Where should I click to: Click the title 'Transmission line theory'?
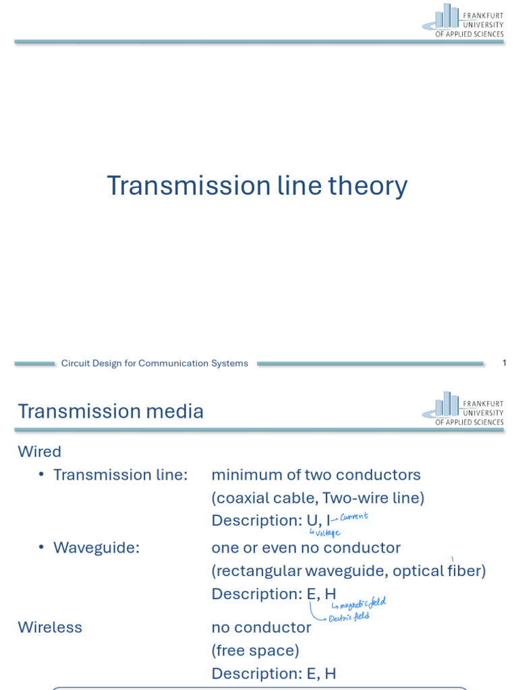[x=257, y=186]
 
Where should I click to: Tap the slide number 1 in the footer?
[x=504, y=363]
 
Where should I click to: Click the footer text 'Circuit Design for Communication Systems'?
[x=154, y=363]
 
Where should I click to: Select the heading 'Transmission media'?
[x=111, y=411]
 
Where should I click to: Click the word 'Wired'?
[x=39, y=451]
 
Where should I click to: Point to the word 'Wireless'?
[x=50, y=627]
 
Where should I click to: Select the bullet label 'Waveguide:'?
[x=96, y=548]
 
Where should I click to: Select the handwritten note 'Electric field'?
[x=348, y=616]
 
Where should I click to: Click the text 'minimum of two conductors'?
[x=316, y=475]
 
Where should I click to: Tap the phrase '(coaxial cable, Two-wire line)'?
[x=318, y=498]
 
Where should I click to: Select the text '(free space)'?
[x=255, y=650]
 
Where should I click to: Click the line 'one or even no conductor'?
[x=306, y=548]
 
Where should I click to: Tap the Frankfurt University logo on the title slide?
[x=463, y=20]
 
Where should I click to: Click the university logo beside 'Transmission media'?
[x=463, y=408]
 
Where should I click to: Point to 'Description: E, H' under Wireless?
[x=273, y=673]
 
